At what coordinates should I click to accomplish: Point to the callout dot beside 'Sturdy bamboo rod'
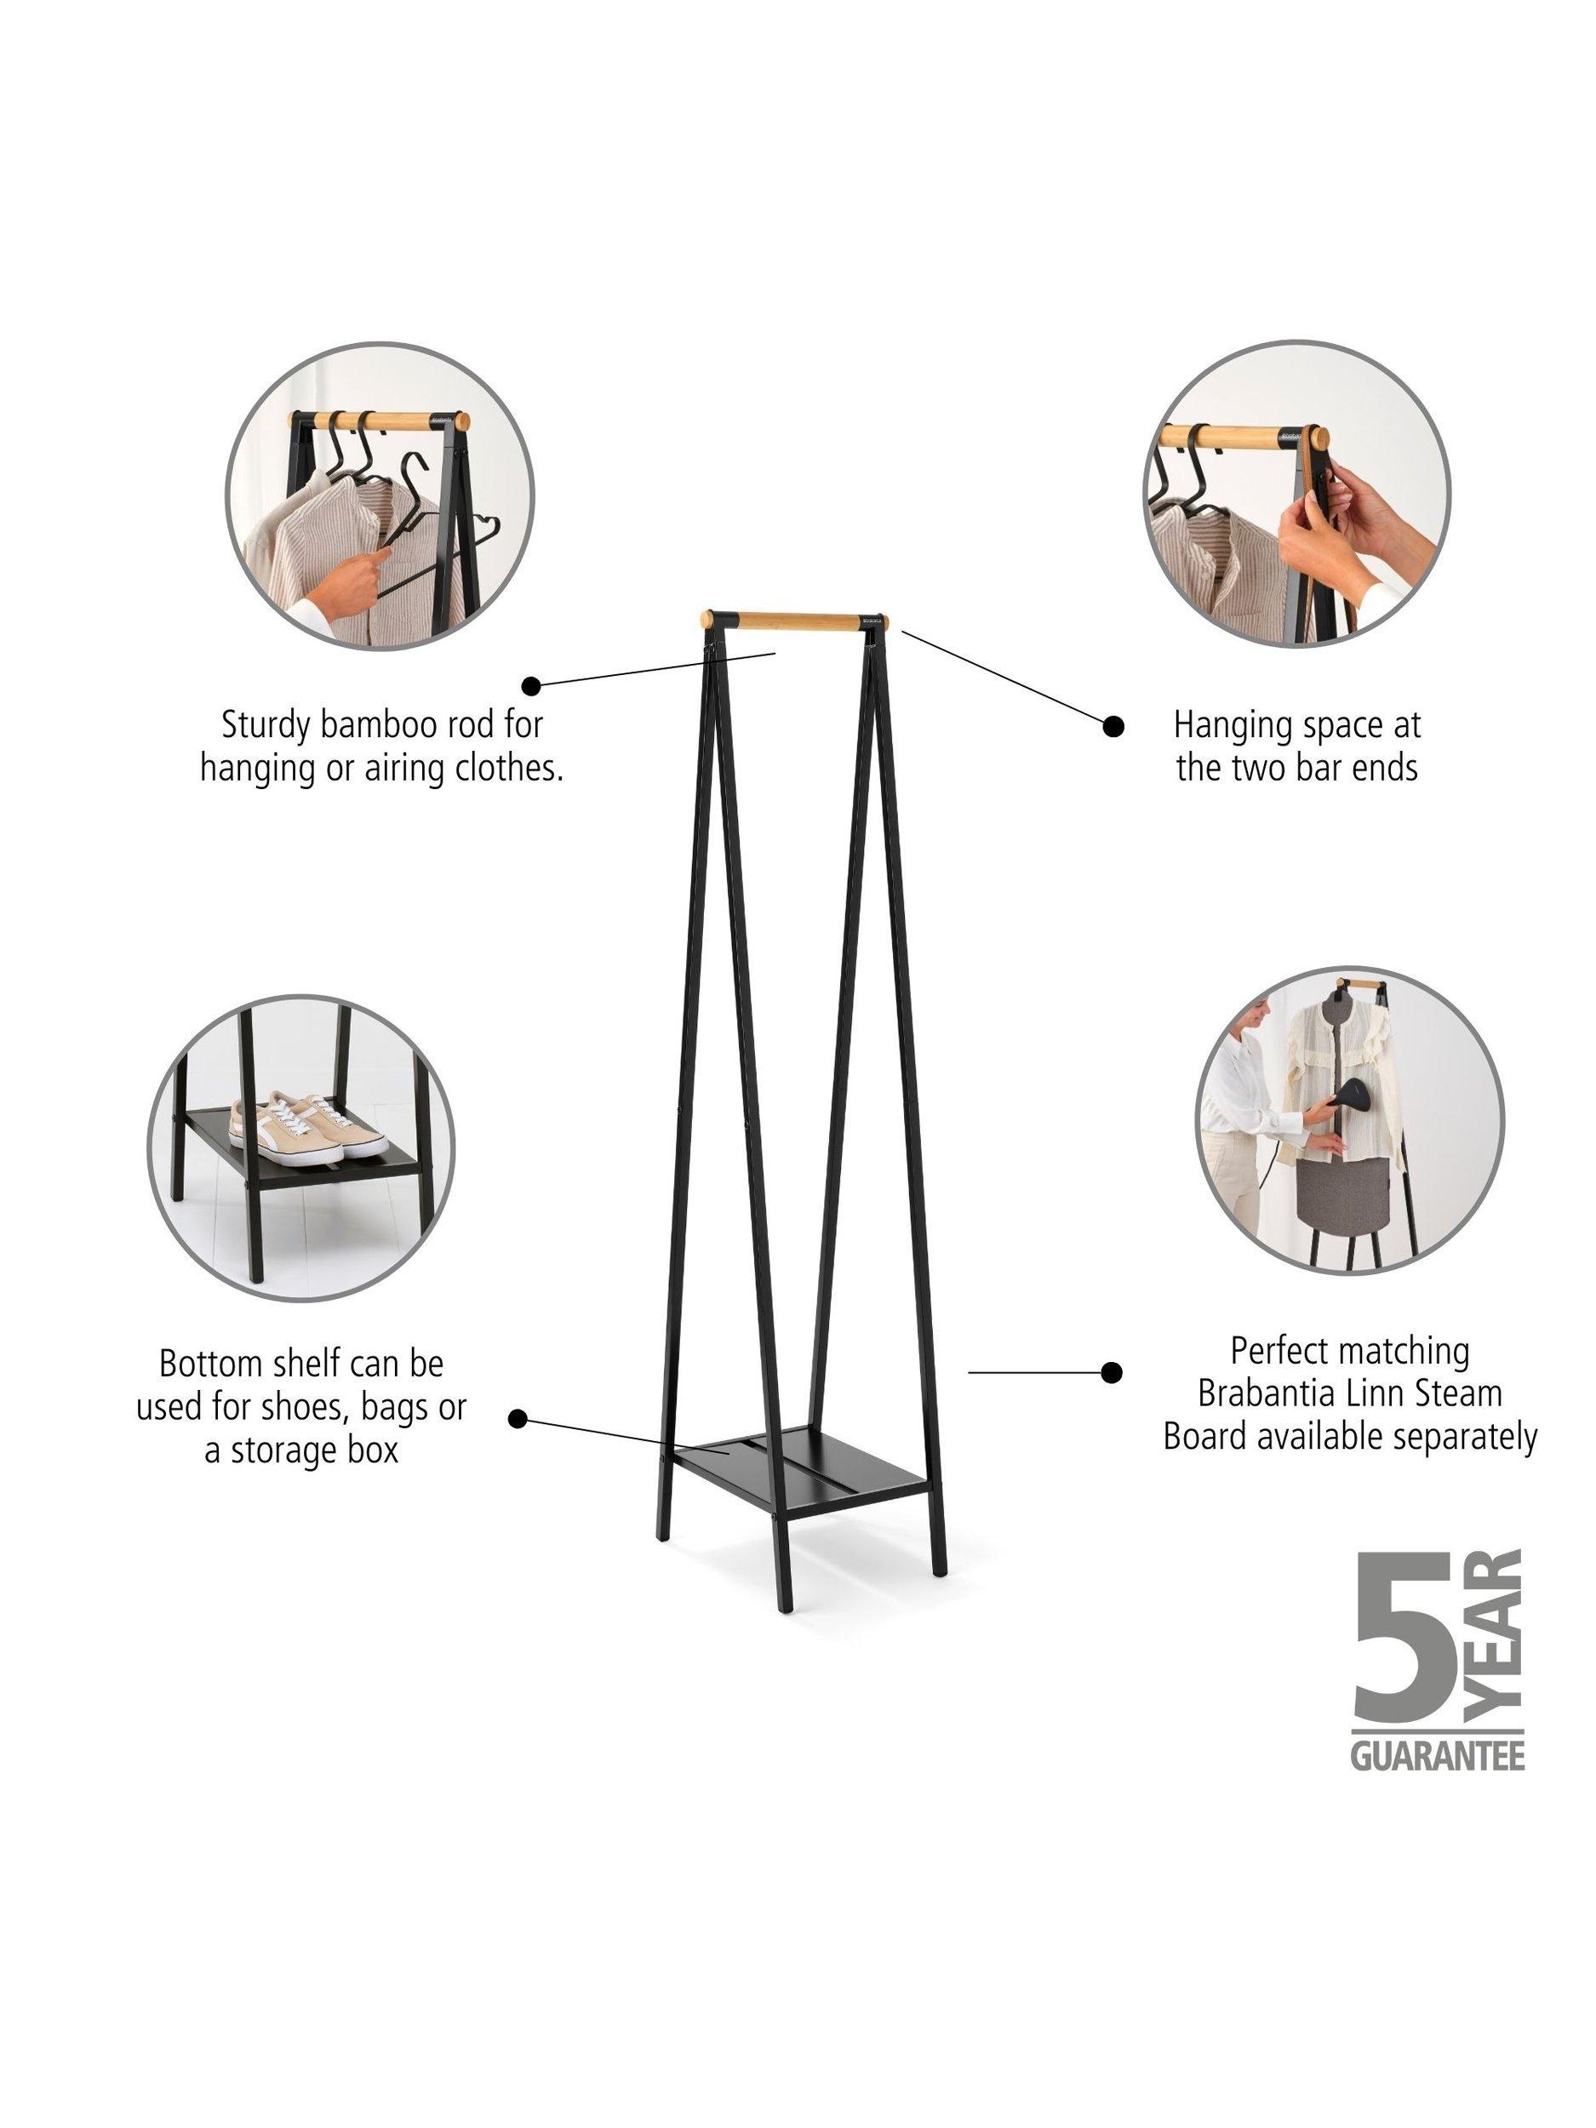[530, 685]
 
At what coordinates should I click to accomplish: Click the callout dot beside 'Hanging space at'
[1113, 726]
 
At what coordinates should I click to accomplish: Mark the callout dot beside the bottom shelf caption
[518, 1419]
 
